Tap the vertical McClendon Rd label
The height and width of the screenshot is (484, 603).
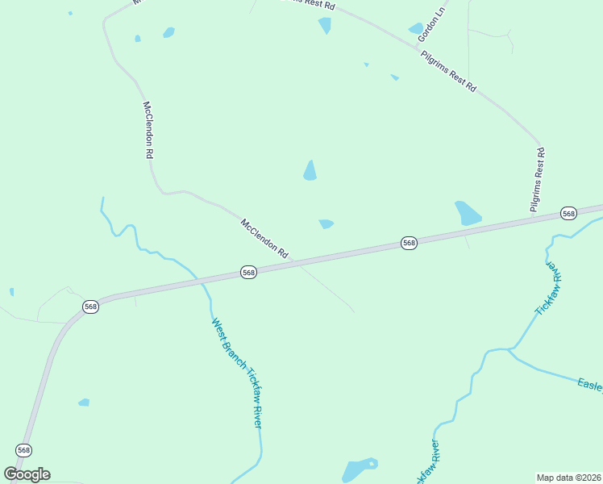(148, 129)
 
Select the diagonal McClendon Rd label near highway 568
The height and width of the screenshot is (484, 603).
(264, 238)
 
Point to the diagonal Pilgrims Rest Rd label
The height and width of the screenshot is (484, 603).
(448, 73)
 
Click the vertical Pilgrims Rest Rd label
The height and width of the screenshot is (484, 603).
(538, 180)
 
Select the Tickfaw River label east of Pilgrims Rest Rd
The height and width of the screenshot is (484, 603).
(547, 287)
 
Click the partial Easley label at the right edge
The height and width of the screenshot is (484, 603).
(590, 385)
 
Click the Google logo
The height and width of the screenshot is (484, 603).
(27, 474)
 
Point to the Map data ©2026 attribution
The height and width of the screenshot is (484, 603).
(569, 477)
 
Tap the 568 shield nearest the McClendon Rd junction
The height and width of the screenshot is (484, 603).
(248, 273)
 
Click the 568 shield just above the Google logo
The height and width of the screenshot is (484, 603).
(23, 449)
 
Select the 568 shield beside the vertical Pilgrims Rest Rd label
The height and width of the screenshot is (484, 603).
(569, 213)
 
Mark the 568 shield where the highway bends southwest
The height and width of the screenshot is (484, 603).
(90, 307)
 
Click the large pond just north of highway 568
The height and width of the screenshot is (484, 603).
(467, 213)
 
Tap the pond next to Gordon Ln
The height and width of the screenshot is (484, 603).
(417, 29)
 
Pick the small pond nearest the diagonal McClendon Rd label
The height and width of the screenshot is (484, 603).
(326, 223)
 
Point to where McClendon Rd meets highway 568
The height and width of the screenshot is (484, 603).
(295, 263)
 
